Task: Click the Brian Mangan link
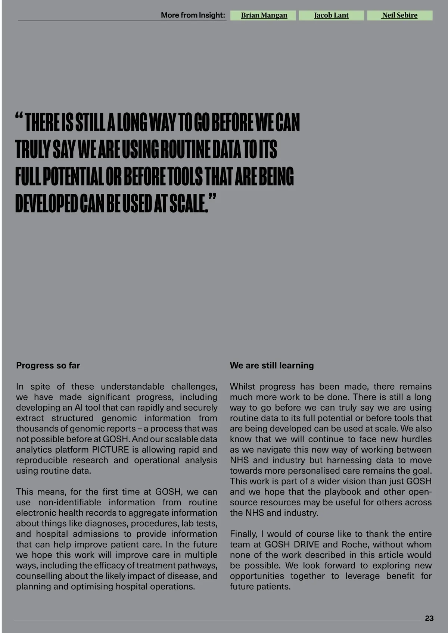tap(264, 15)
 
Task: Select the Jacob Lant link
tap(331, 15)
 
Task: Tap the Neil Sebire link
tap(399, 15)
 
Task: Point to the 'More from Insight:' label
tap(193, 15)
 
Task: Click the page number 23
tap(429, 618)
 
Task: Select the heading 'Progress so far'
tap(48, 365)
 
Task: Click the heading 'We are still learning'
tap(271, 365)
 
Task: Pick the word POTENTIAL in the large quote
tap(72, 177)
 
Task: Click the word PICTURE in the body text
tap(110, 450)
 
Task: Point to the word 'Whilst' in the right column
tap(242, 387)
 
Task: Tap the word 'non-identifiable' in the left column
tap(69, 502)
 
